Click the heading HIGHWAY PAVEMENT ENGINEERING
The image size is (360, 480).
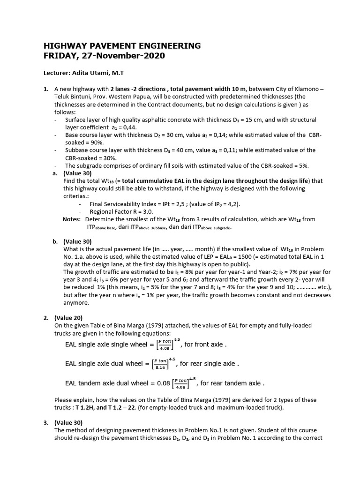point(122,45)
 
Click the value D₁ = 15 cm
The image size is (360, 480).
point(250,120)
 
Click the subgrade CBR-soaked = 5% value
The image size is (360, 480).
point(279,165)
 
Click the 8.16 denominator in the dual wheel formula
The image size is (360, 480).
point(162,368)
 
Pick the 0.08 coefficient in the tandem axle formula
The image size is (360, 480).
point(163,383)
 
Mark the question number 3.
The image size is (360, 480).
point(46,422)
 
